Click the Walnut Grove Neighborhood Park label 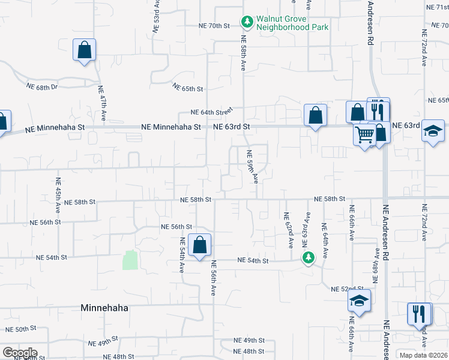click(x=292, y=23)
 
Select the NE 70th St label click(x=214, y=26)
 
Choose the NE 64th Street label click(x=211, y=112)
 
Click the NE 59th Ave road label click(x=252, y=166)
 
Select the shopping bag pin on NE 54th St click(x=199, y=245)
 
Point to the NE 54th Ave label click(x=181, y=255)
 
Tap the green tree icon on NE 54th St click(x=308, y=258)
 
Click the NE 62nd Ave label click(x=288, y=230)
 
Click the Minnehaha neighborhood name click(x=104, y=307)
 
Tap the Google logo click(x=19, y=353)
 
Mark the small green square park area click(x=130, y=260)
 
